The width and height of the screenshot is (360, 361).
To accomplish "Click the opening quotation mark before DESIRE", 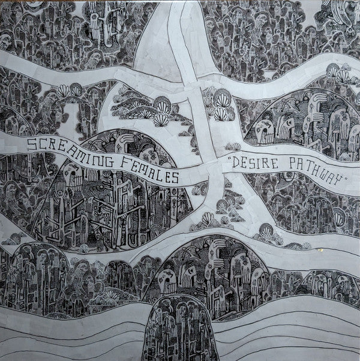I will click(x=229, y=157).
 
